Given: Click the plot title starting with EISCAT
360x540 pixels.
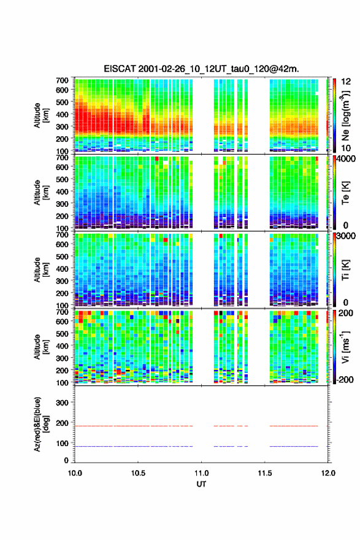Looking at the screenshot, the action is (x=201, y=69).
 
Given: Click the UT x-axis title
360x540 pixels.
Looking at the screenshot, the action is (x=201, y=484).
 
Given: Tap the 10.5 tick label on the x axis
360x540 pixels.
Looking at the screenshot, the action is (x=138, y=473).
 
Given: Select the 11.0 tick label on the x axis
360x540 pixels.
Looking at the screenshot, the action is (x=201, y=473).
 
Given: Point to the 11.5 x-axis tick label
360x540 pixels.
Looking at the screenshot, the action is (x=265, y=473).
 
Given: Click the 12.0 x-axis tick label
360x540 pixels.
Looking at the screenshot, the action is (x=328, y=473).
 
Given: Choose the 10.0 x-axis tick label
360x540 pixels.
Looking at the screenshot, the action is (x=75, y=473).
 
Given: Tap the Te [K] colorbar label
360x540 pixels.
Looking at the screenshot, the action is (x=345, y=193).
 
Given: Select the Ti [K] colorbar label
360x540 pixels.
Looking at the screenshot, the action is (x=345, y=269).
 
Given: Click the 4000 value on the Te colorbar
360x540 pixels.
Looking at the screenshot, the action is (x=345, y=159).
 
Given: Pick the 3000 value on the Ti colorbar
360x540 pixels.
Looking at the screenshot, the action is (x=346, y=236).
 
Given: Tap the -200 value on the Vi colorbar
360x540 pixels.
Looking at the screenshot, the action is (x=343, y=379).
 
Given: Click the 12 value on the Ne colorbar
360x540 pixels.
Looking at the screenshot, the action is (x=346, y=82).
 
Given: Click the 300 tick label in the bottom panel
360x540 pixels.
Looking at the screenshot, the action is (x=63, y=403).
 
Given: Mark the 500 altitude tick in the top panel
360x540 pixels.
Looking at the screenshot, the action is (x=63, y=102).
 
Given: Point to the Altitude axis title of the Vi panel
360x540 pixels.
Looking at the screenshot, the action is (x=41, y=347).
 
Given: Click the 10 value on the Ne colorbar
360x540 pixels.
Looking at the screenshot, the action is (x=346, y=148).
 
